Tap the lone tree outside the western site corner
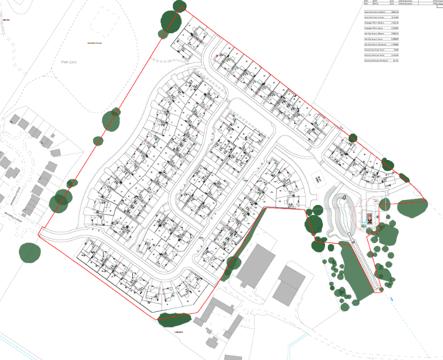click(x=30, y=252)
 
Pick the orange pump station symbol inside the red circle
click(x=367, y=217)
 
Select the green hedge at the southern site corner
click(x=174, y=317)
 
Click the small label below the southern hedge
click(x=178, y=332)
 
